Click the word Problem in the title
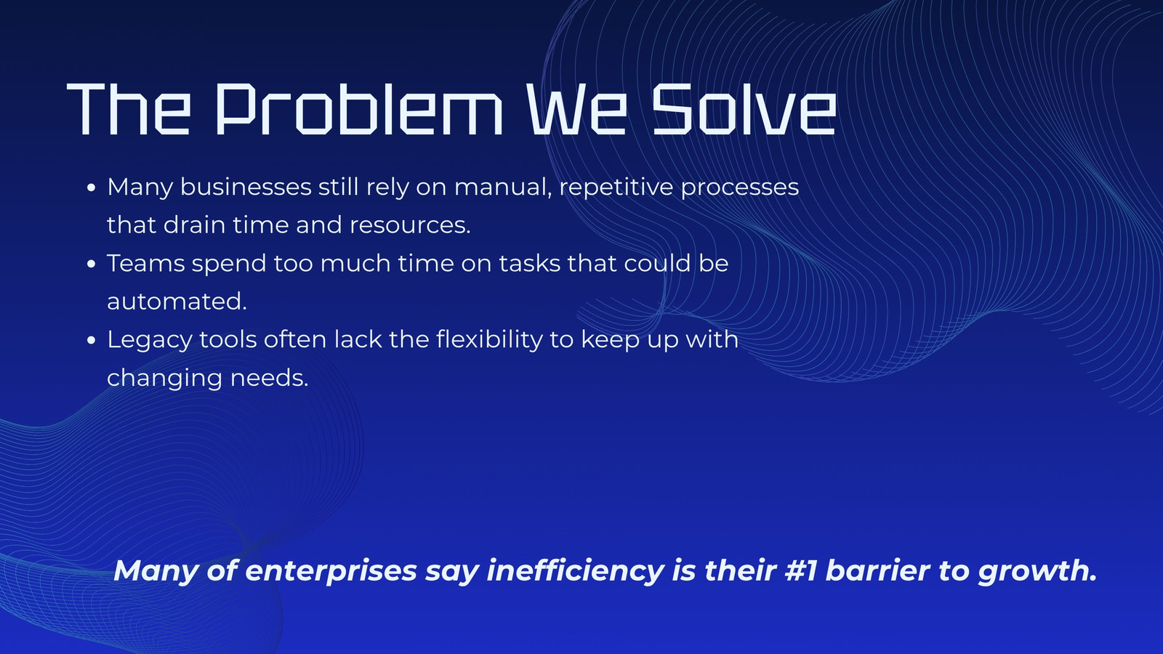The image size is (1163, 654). [x=359, y=109]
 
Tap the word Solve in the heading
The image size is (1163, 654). [x=744, y=109]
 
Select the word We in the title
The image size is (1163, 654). [x=577, y=109]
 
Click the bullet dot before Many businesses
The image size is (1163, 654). [x=92, y=187]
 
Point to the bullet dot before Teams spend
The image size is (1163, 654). [x=92, y=264]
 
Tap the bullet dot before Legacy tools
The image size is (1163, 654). [x=92, y=340]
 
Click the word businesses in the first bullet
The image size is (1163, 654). [x=246, y=186]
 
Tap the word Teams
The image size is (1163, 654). [x=146, y=263]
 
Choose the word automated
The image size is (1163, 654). [x=177, y=302]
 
